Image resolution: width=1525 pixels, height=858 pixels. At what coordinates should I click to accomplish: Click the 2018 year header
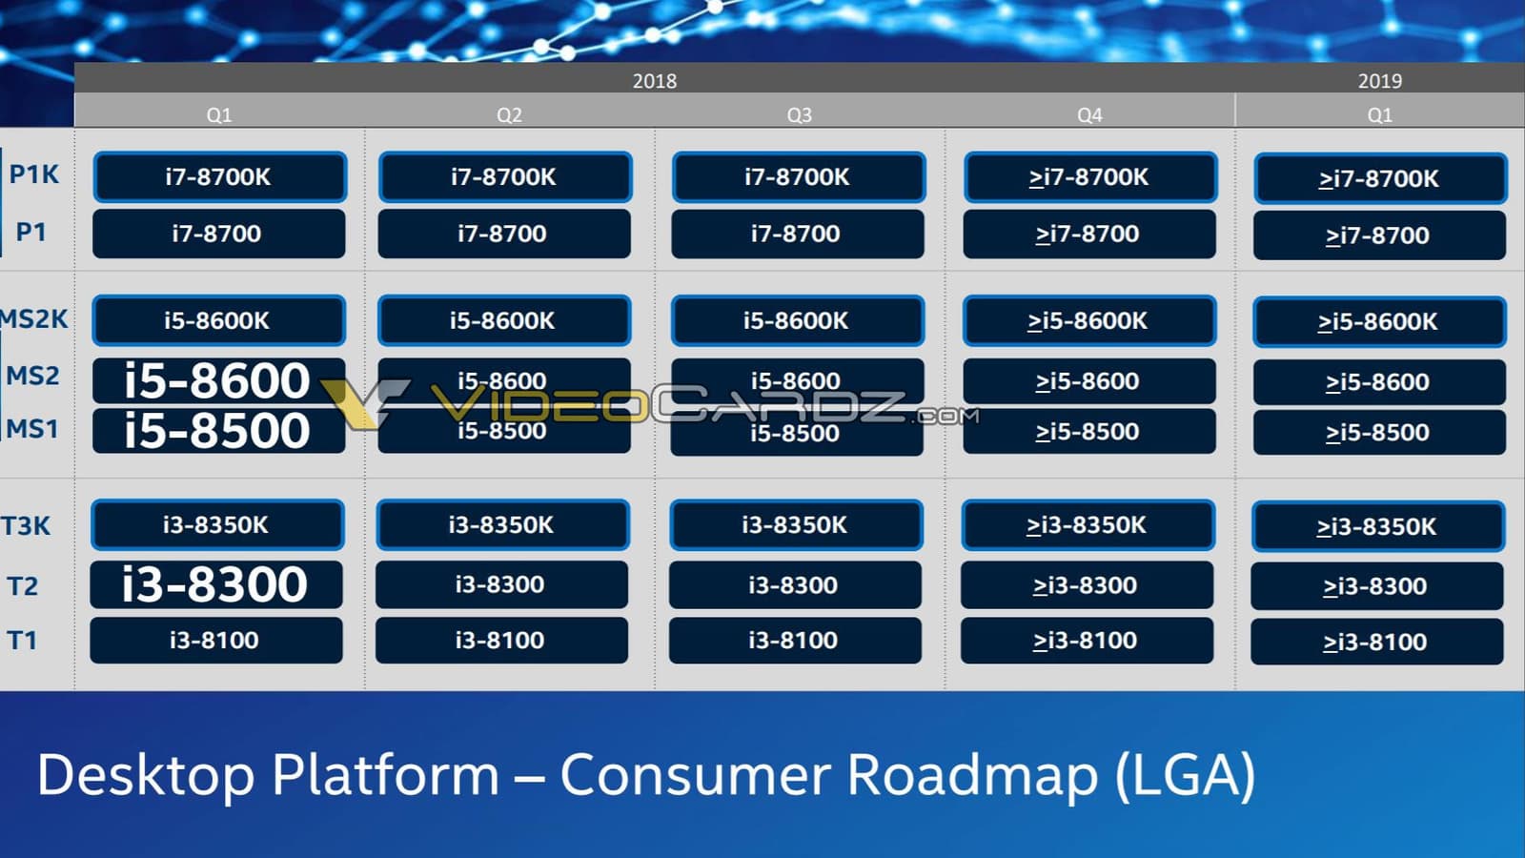click(x=655, y=81)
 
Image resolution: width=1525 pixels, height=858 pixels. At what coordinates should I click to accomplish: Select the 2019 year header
click(x=1379, y=81)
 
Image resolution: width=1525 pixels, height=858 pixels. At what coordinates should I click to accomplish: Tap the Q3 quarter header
click(x=799, y=114)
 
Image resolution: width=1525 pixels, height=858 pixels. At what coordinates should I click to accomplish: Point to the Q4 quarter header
click(x=1089, y=114)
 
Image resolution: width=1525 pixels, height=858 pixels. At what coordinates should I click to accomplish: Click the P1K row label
click(x=34, y=174)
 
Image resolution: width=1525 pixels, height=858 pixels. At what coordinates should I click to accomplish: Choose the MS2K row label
click(x=34, y=318)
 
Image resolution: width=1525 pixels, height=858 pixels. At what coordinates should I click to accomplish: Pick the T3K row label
click(x=26, y=525)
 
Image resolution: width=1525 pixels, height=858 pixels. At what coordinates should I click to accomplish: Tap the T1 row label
click(x=22, y=640)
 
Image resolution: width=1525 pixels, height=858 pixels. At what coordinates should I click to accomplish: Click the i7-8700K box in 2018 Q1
click(x=219, y=177)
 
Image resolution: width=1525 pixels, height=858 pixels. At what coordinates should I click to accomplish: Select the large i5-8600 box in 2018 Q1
click(x=218, y=380)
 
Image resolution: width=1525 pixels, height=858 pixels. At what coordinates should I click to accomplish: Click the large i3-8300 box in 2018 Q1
click(x=216, y=584)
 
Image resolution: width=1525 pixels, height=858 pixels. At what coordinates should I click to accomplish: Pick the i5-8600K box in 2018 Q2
click(x=504, y=321)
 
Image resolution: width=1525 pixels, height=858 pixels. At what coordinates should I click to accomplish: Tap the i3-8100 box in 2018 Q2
click(x=501, y=641)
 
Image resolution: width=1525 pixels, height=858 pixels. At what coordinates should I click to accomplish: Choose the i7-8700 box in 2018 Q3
click(x=797, y=234)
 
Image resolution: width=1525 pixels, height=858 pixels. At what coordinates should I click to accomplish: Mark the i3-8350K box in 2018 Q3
click(x=796, y=525)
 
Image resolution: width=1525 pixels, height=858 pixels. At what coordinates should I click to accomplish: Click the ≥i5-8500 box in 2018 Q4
click(x=1088, y=432)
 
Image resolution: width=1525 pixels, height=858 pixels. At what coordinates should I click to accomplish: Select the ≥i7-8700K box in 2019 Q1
click(x=1379, y=178)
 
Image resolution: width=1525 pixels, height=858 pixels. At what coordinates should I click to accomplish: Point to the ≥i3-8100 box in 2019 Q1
click(x=1376, y=642)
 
